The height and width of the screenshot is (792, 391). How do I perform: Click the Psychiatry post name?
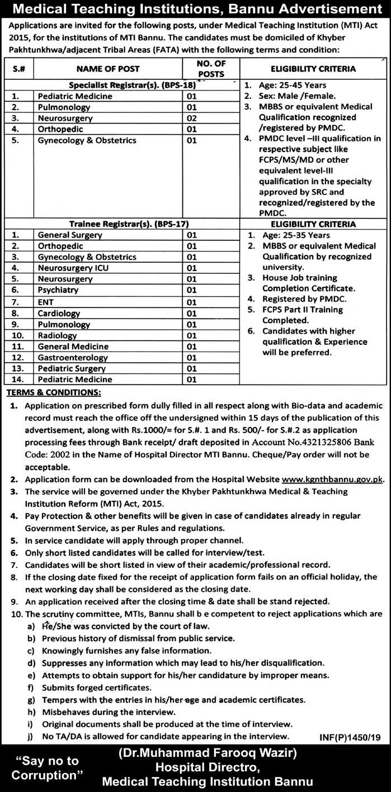click(58, 290)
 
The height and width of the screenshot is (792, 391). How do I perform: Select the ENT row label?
click(46, 302)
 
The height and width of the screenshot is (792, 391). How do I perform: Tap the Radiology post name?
click(57, 335)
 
